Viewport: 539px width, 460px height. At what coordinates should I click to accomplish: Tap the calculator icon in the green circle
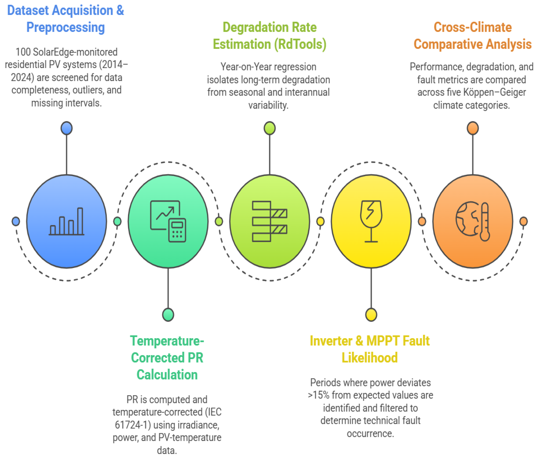[x=177, y=230]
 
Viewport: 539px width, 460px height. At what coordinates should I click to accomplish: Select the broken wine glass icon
[x=371, y=221]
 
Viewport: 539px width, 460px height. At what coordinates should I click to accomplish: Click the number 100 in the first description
[x=23, y=52]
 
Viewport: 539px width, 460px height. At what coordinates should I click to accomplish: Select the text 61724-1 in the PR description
[x=133, y=425]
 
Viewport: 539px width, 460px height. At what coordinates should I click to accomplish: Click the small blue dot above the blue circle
[x=67, y=128]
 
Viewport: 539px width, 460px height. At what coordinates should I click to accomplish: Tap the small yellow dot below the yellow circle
[x=371, y=315]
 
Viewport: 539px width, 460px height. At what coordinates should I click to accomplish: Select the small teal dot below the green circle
[x=168, y=315]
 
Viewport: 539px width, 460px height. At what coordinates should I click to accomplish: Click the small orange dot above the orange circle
[x=473, y=128]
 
